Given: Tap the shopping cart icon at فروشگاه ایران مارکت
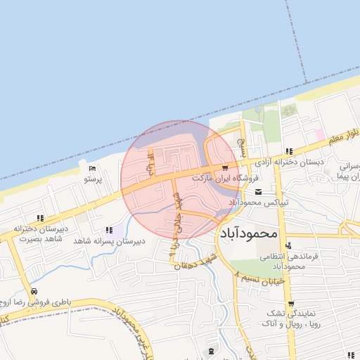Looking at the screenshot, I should (224, 167).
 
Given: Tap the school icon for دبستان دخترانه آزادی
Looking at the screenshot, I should (289, 151).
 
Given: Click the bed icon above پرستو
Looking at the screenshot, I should (93, 168).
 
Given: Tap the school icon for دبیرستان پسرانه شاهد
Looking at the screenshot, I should (108, 229).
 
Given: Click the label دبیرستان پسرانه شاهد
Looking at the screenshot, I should (108, 240).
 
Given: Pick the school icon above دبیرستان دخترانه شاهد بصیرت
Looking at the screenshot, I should (40, 217).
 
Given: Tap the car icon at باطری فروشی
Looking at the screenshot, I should (34, 291).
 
